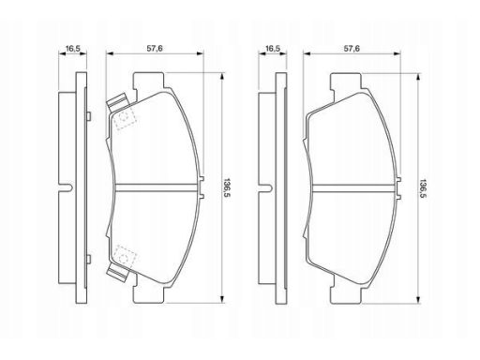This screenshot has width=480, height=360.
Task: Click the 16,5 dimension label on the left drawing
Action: pyautogui.click(x=73, y=49)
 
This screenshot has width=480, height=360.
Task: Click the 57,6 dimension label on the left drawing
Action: pyautogui.click(x=155, y=49)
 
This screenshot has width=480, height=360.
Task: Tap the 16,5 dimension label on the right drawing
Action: pyautogui.click(x=273, y=49)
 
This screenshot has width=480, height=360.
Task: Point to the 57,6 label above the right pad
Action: pyautogui.click(x=352, y=49)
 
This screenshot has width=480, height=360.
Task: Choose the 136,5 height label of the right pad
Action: pyautogui.click(x=424, y=188)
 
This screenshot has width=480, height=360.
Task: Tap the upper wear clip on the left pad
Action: pyautogui.click(x=118, y=102)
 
